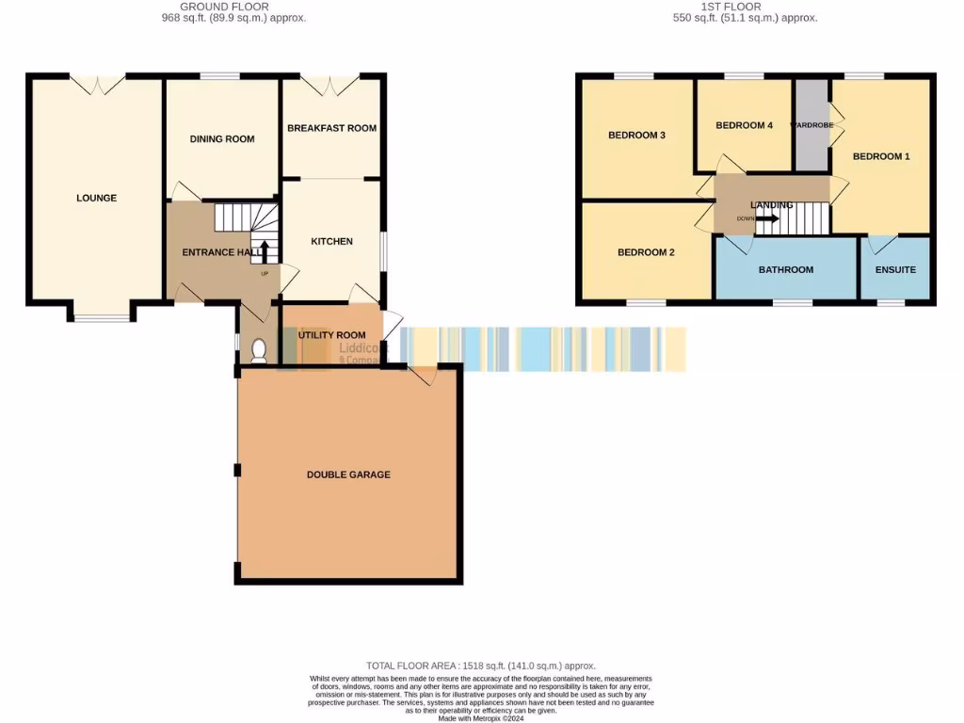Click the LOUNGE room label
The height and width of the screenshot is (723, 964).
[96, 198]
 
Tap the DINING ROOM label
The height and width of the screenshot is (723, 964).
[222, 139]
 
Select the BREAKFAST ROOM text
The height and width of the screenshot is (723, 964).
[331, 128]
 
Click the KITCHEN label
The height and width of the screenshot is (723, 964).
[331, 242]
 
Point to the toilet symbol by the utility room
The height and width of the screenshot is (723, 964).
[260, 351]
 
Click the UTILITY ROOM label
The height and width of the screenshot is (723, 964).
[331, 335]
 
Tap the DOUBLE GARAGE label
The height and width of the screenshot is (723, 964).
[348, 474]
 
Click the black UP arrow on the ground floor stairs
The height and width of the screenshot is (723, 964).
[264, 251]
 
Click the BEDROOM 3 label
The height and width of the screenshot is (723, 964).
[636, 136]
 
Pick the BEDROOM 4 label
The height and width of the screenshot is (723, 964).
[744, 125]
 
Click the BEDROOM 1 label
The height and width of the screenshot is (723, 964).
[881, 156]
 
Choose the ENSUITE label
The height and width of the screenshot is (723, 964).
[895, 269]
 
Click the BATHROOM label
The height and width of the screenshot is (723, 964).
[786, 269]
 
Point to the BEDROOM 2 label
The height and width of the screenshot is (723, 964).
[646, 252]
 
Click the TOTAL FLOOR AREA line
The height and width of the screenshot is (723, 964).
[481, 666]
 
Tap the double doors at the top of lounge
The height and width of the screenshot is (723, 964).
[98, 85]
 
